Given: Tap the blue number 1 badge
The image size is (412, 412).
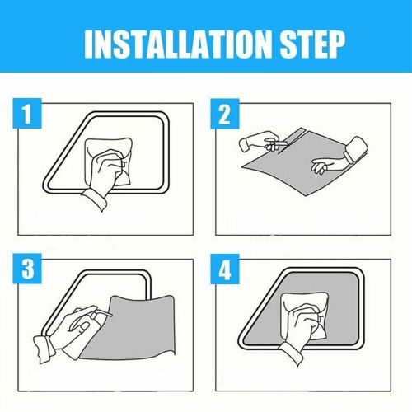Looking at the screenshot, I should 28,116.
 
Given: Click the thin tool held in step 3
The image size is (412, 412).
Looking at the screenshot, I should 104,313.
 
